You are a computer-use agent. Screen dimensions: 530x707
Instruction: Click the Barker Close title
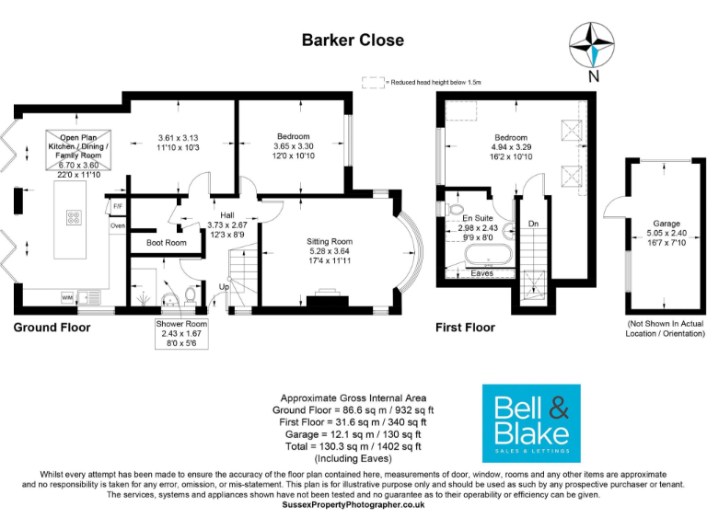coord(353,40)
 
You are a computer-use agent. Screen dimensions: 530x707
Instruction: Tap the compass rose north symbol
coord(592,46)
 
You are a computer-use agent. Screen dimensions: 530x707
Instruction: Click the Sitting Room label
coord(329,242)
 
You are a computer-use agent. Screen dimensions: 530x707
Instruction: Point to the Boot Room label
coord(167,243)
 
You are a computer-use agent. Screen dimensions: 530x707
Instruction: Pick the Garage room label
coord(666,224)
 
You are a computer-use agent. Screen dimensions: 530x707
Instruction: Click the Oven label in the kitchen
coord(118,225)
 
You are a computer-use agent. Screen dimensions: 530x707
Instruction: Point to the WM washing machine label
coord(67,298)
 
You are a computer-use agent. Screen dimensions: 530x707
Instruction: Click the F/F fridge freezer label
coord(118,205)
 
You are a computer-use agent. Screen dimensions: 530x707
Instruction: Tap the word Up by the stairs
coord(225,285)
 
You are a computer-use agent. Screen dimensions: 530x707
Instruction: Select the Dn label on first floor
coord(533,224)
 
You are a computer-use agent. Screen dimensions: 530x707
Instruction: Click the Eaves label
coord(481,273)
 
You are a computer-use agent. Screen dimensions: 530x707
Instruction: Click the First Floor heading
coord(465,327)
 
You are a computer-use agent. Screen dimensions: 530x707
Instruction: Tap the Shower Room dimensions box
coord(181,333)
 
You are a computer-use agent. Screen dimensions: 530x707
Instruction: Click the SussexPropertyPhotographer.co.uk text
coord(353,504)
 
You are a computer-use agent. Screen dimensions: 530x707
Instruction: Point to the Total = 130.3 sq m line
coord(353,446)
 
